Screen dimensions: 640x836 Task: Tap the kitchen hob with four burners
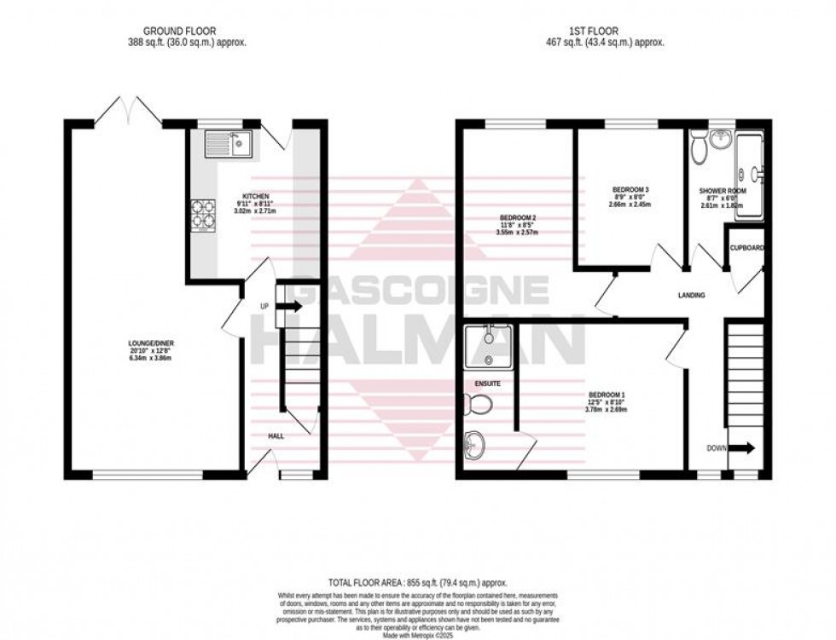pyautogui.click(x=203, y=215)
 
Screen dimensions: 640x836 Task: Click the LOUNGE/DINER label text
pyautogui.click(x=153, y=343)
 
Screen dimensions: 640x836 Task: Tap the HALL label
pyautogui.click(x=276, y=435)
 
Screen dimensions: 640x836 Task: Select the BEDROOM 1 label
pyautogui.click(x=607, y=395)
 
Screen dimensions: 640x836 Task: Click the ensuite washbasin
pyautogui.click(x=474, y=442)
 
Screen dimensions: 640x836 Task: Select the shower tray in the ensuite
pyautogui.click(x=487, y=345)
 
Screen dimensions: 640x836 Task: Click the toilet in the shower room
pyautogui.click(x=700, y=150)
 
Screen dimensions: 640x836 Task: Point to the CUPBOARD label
pyautogui.click(x=746, y=248)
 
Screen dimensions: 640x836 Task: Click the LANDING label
pyautogui.click(x=691, y=296)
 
